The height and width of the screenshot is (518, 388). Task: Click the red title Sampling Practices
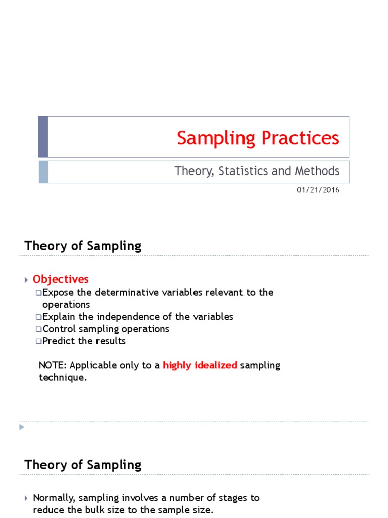click(258, 138)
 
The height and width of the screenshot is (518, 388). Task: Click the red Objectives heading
click(61, 279)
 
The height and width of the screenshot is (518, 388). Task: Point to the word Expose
click(58, 292)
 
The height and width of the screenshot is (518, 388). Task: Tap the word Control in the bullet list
click(59, 329)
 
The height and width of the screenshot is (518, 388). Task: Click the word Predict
click(58, 341)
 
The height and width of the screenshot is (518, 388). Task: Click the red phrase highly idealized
click(200, 365)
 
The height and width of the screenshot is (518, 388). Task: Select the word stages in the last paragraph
click(222, 498)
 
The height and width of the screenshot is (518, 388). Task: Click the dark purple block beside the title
click(43, 137)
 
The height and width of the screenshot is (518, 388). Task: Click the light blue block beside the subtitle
click(43, 171)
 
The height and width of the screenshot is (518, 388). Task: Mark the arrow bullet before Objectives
click(26, 279)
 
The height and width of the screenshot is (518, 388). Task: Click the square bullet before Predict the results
click(38, 341)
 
